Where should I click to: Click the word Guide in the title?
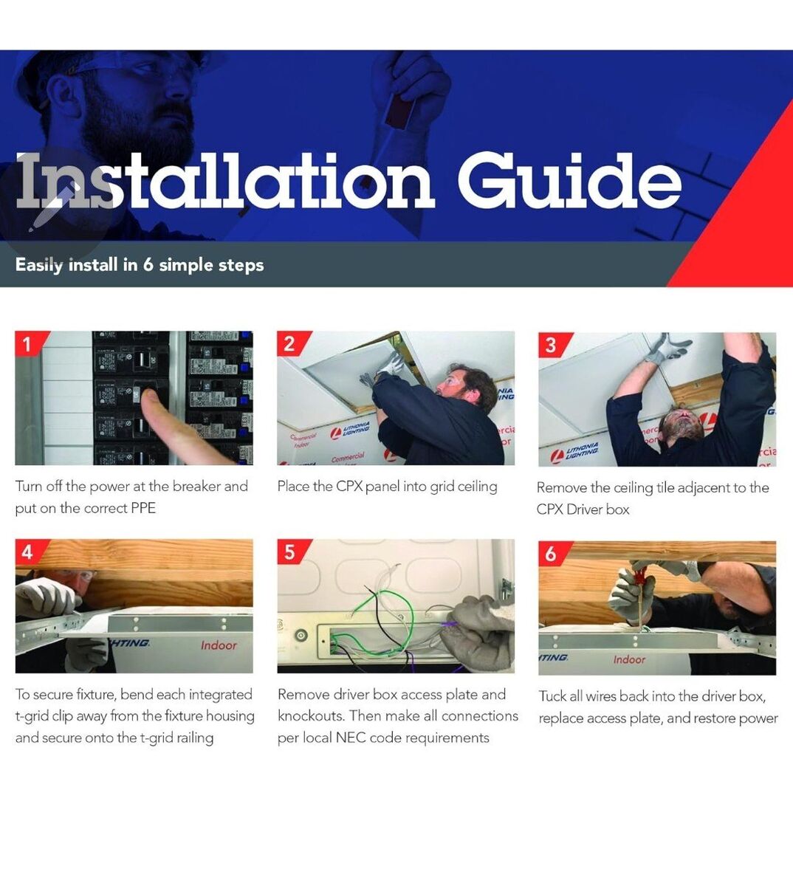[x=569, y=180]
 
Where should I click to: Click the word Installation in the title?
[x=225, y=180]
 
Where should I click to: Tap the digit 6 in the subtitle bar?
[x=148, y=265]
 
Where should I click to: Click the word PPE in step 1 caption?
[x=143, y=508]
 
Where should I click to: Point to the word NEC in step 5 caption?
[x=351, y=738]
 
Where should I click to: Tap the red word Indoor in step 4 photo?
[x=219, y=645]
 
